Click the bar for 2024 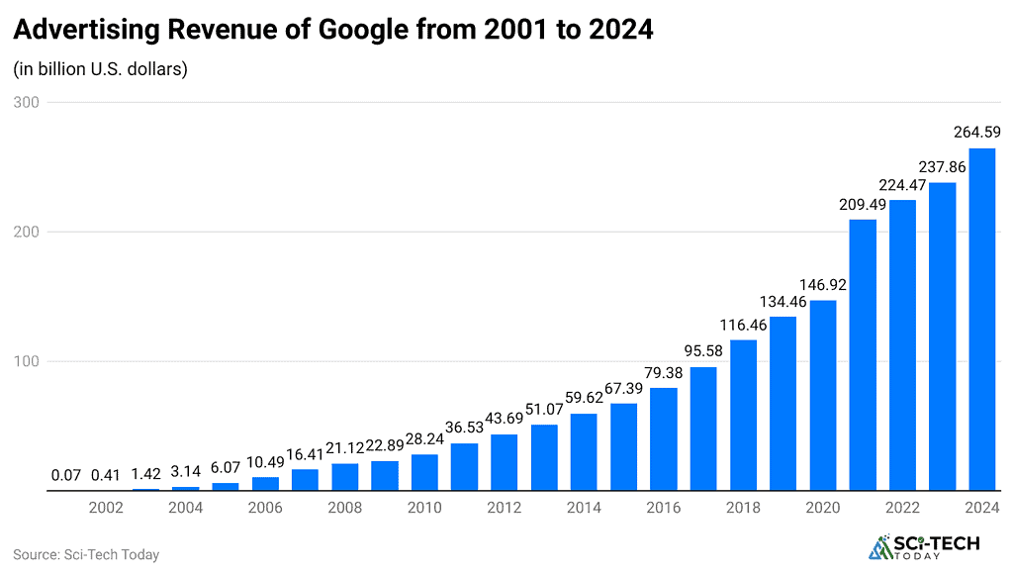click(x=981, y=319)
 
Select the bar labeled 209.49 click(x=863, y=354)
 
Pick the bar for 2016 click(x=664, y=438)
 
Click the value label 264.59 click(x=977, y=132)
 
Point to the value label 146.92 click(x=823, y=283)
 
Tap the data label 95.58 click(x=703, y=350)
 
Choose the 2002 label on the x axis click(x=106, y=508)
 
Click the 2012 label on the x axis click(x=505, y=508)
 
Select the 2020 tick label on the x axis click(x=823, y=508)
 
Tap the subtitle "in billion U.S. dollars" click(x=100, y=69)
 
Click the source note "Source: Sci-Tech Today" click(x=86, y=554)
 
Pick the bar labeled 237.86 click(x=942, y=336)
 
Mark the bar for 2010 click(x=424, y=472)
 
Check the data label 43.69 click(x=505, y=418)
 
